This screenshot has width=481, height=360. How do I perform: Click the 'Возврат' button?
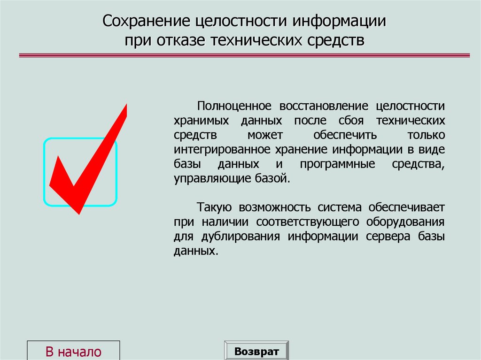point(256,351)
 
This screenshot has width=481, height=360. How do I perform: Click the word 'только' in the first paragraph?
point(427,135)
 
